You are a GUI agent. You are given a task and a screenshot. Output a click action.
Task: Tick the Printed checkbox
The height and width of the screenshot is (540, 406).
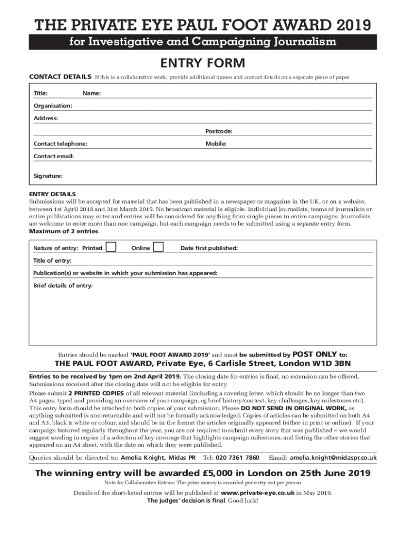(x=111, y=247)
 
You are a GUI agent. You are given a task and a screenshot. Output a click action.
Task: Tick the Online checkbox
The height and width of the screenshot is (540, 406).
(x=158, y=247)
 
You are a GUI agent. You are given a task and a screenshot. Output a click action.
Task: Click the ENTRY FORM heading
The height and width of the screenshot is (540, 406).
(x=203, y=63)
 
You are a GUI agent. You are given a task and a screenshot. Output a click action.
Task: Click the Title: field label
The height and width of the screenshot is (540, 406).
(x=41, y=93)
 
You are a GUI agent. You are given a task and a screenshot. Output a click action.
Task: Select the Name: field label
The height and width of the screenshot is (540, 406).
(x=92, y=93)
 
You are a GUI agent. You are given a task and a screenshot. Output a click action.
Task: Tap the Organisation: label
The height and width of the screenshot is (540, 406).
(x=53, y=106)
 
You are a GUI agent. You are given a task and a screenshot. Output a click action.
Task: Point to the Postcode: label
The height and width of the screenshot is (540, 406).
(x=219, y=131)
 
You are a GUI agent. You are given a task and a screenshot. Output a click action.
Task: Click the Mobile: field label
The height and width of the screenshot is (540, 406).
(x=216, y=143)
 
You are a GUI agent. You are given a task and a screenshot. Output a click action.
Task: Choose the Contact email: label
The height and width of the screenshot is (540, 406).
(x=54, y=157)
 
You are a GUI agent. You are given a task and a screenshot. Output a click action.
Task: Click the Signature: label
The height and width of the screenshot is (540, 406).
(x=48, y=176)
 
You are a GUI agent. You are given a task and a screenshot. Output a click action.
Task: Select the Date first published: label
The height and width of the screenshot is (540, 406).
(x=209, y=248)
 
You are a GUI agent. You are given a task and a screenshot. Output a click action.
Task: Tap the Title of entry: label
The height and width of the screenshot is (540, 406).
(x=52, y=261)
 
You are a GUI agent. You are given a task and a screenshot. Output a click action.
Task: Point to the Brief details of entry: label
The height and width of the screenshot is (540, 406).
(x=63, y=286)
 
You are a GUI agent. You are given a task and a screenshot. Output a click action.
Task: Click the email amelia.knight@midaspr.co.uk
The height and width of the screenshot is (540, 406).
(x=333, y=457)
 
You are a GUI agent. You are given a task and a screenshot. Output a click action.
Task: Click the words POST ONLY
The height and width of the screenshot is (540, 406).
(x=314, y=354)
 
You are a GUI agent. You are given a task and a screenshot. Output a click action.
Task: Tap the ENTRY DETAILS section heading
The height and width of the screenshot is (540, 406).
(x=52, y=195)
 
